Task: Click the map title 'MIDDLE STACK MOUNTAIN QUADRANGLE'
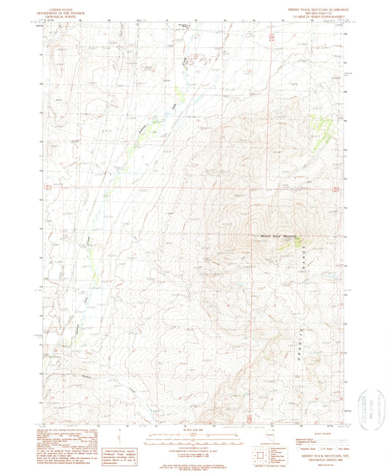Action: point(308,9)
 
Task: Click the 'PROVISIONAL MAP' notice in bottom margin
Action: point(117,433)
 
